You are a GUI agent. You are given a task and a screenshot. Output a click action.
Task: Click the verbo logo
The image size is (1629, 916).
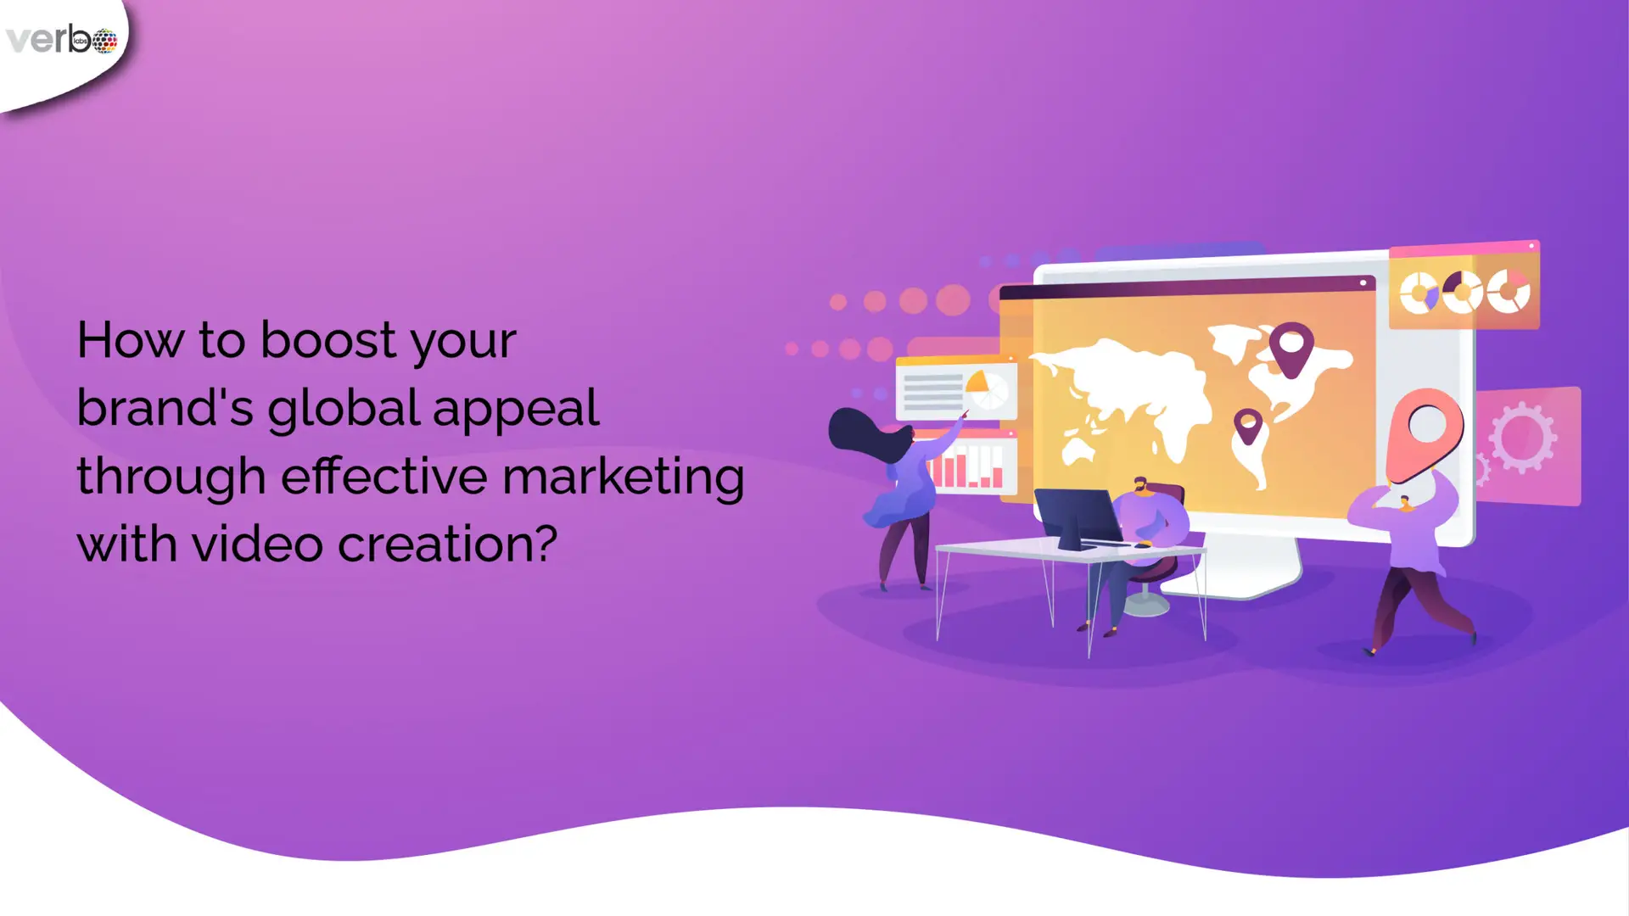click(x=61, y=39)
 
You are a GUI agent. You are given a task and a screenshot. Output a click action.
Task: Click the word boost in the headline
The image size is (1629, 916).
click(x=327, y=339)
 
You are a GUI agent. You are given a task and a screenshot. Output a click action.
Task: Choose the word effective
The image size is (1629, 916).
click(x=384, y=475)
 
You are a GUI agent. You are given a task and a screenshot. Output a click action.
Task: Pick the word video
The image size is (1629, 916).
click(x=258, y=543)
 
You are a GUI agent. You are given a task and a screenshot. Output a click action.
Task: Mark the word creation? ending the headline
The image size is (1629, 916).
click(x=448, y=543)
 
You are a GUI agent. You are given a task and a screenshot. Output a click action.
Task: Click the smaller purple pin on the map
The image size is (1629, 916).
click(x=1247, y=426)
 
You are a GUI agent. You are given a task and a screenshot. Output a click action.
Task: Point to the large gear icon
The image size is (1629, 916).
click(x=1522, y=437)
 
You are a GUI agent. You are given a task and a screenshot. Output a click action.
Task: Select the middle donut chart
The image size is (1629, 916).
click(x=1463, y=293)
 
